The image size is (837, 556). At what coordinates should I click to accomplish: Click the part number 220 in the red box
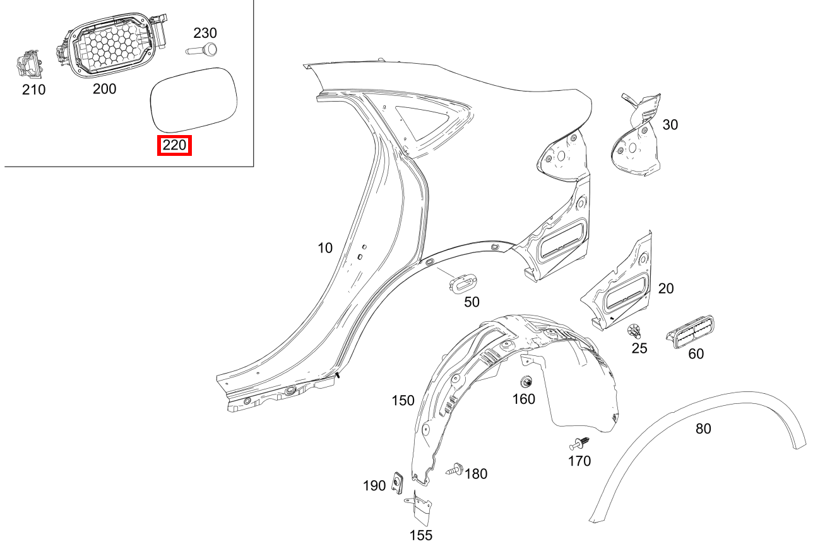(174, 145)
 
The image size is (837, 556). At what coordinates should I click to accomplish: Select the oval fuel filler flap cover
(194, 100)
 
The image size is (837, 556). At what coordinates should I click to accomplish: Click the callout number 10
(324, 248)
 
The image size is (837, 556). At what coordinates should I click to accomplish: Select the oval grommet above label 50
(463, 281)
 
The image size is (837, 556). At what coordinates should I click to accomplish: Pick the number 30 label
(670, 125)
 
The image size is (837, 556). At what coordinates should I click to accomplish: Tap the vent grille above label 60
(690, 332)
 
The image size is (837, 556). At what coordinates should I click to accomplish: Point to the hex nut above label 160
(526, 382)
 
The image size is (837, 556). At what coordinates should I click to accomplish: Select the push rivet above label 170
(579, 444)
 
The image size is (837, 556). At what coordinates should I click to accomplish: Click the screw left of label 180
(454, 470)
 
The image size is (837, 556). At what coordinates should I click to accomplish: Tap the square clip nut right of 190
(397, 482)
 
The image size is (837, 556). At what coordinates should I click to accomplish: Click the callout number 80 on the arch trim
(703, 429)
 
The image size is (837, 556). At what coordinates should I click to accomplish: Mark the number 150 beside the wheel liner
(403, 401)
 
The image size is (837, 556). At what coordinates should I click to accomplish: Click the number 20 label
(666, 288)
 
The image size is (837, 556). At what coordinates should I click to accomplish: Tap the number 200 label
(104, 89)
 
